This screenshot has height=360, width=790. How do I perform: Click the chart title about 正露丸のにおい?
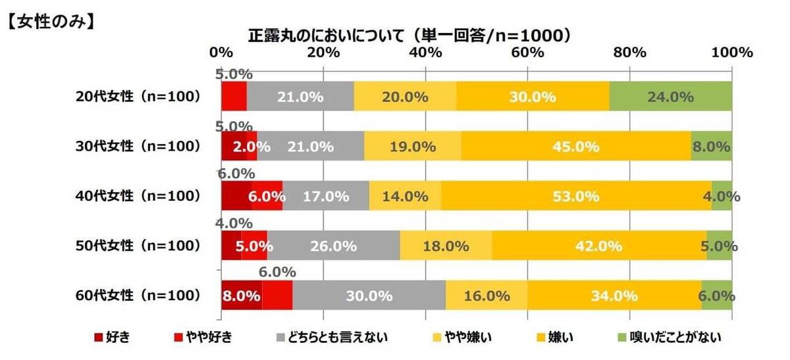(408, 34)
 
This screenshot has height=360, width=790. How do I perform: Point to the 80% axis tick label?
(629, 53)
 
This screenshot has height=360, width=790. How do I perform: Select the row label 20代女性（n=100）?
(137, 97)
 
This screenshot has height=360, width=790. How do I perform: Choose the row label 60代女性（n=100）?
(137, 296)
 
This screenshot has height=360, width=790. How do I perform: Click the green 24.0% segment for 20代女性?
(671, 97)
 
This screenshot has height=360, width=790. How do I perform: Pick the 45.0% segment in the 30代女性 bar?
(575, 147)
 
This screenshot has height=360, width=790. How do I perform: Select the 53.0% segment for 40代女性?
(576, 196)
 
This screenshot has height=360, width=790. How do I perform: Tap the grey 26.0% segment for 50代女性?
(333, 246)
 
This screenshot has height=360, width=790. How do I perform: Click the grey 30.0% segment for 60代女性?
(369, 296)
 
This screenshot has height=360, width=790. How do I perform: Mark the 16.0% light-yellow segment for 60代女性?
(487, 296)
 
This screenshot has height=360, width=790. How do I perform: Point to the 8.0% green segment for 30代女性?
(711, 147)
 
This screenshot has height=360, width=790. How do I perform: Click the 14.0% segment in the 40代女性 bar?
(405, 196)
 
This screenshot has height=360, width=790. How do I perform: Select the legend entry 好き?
(116, 338)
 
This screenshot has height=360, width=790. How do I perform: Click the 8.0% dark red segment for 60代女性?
(241, 296)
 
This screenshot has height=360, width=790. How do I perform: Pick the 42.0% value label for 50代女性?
(598, 246)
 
